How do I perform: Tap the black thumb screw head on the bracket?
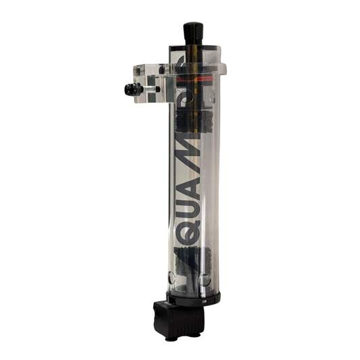pyautogui.click(x=128, y=90)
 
